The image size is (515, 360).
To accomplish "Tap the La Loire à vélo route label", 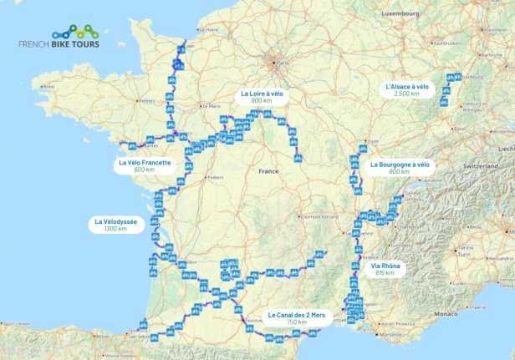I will click(x=262, y=97).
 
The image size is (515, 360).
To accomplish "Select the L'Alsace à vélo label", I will click(x=407, y=89).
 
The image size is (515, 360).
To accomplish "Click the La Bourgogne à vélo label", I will click(x=400, y=168).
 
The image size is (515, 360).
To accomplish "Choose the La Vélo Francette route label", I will click(x=145, y=166).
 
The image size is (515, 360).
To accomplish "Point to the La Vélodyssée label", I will click(x=115, y=225).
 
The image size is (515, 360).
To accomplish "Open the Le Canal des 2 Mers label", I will click(x=296, y=317).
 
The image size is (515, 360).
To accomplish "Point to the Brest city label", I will click(x=48, y=86).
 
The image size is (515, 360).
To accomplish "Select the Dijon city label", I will click(x=373, y=141).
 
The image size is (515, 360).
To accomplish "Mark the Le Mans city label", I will click(x=210, y=107).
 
